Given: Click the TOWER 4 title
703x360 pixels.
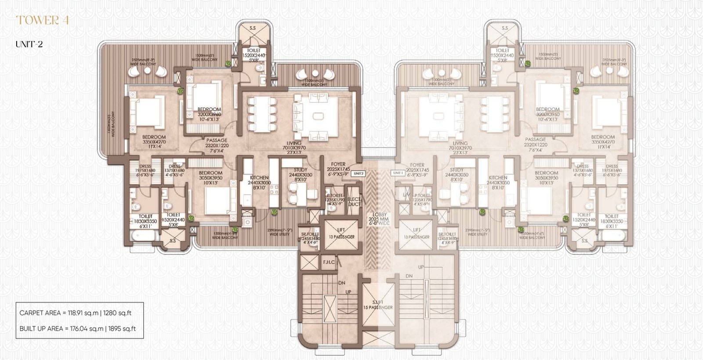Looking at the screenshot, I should click(42, 20).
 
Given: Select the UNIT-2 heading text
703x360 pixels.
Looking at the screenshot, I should click(29, 44).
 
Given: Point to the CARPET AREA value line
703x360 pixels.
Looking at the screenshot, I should click(75, 313).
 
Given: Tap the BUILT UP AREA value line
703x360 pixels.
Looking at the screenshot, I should click(77, 328).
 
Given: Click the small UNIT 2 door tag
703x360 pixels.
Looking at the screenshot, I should click(359, 173).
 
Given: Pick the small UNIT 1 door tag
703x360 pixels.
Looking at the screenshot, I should click(398, 173).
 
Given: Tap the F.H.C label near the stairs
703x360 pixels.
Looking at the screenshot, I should click(329, 262).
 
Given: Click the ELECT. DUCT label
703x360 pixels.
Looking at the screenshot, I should click(354, 202).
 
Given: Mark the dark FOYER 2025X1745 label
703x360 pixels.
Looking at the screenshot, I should click(338, 169).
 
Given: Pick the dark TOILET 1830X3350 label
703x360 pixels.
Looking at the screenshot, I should click(145, 221).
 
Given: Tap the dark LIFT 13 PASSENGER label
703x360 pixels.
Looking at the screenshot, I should click(341, 233).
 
